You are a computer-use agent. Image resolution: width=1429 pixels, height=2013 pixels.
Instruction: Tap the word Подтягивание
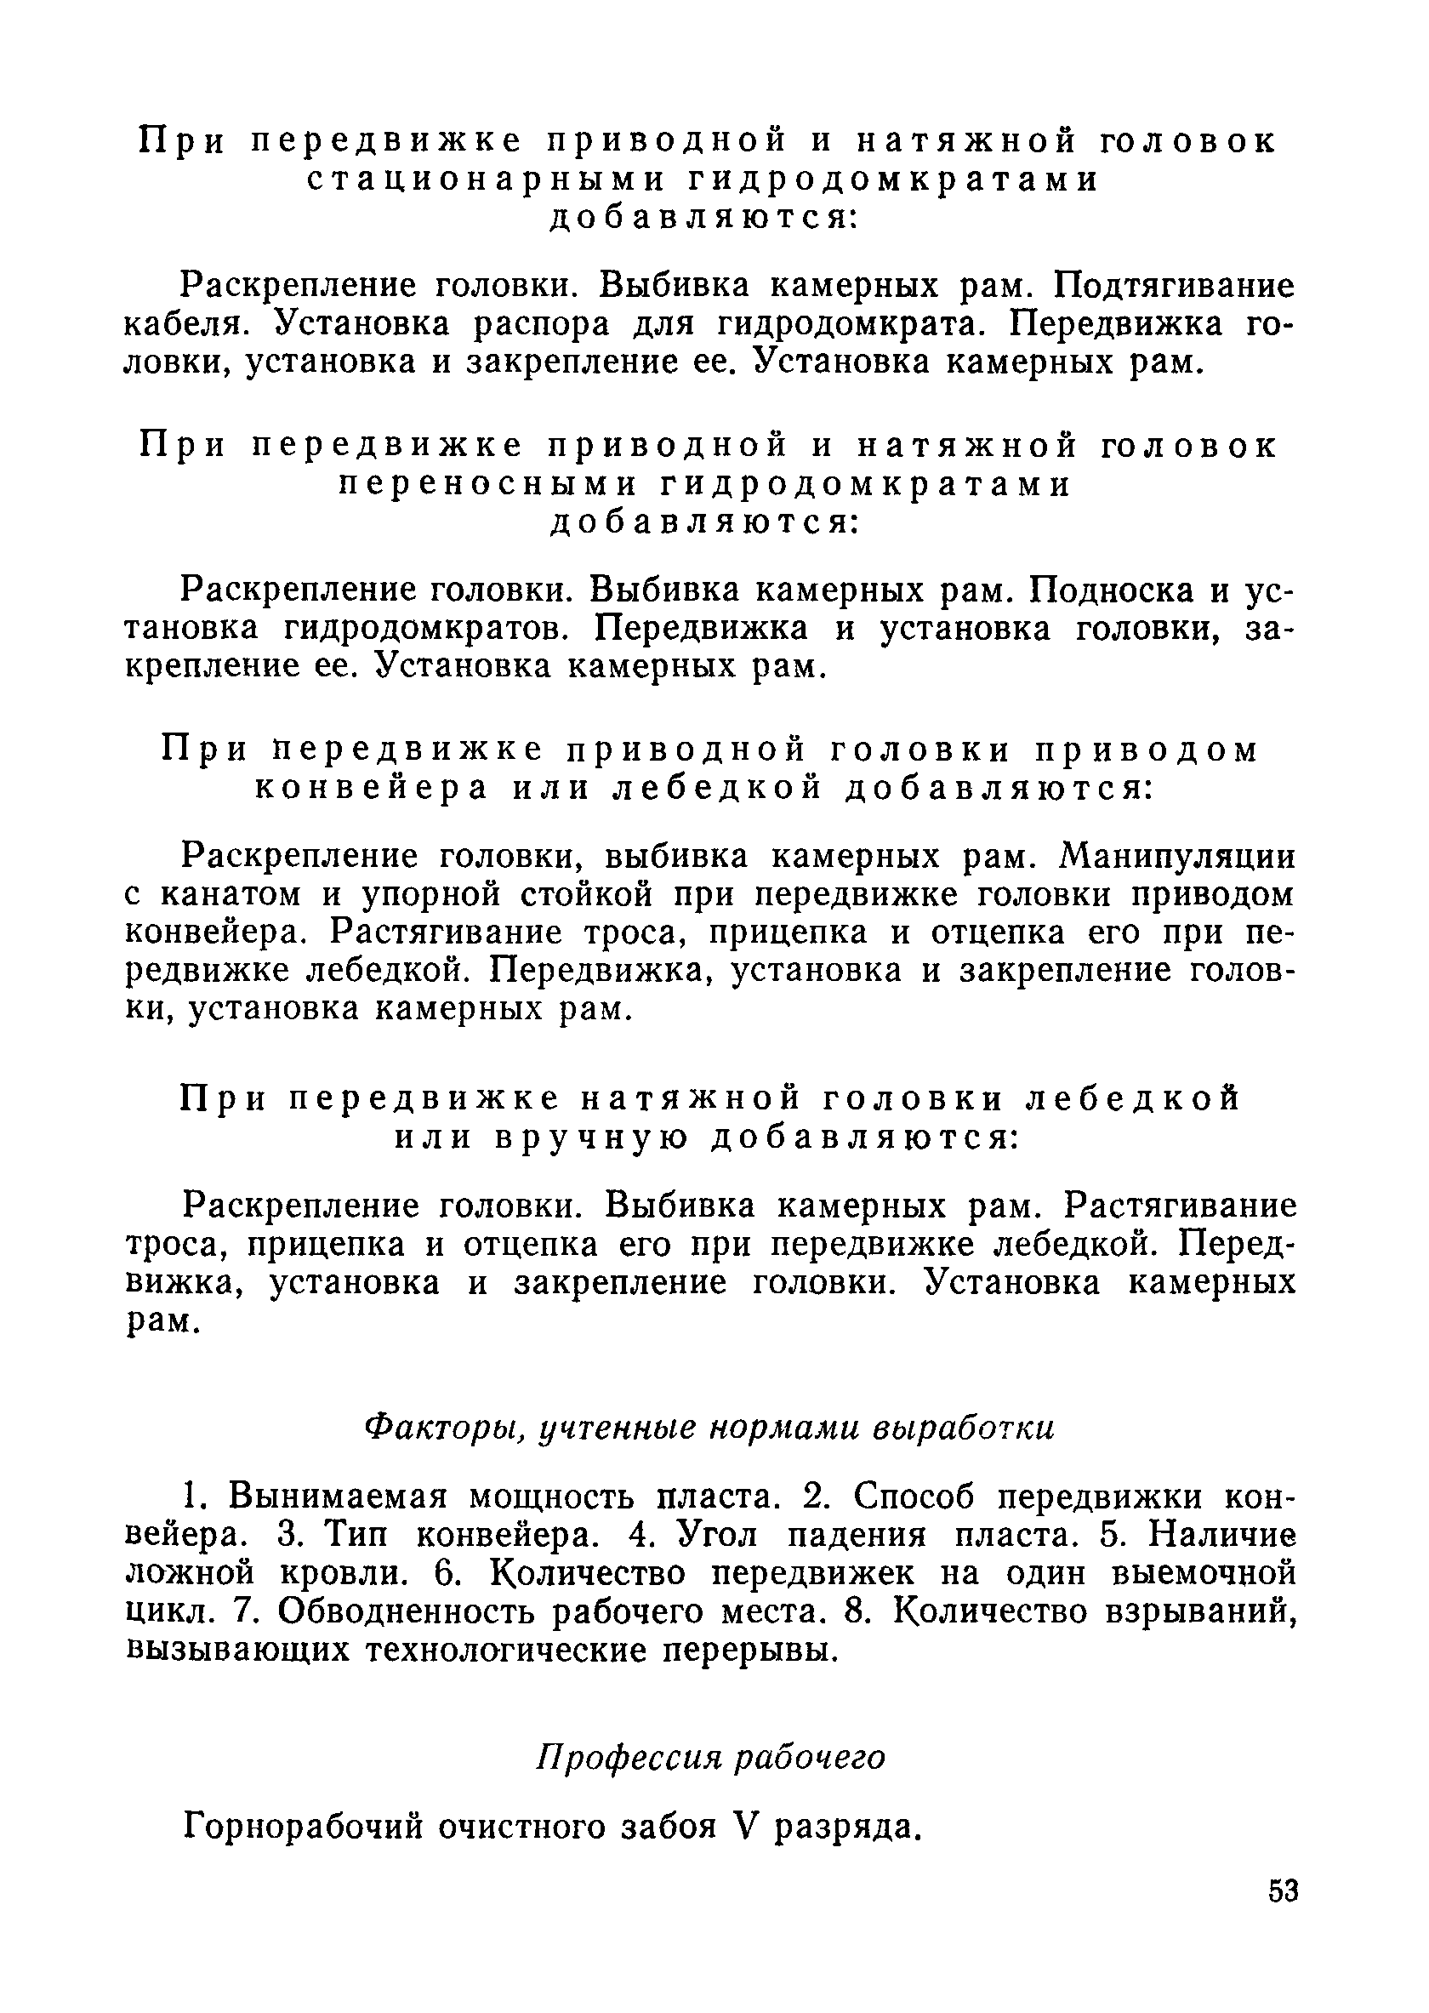[1175, 286]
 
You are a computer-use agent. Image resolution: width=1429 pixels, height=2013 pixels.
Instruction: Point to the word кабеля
[188, 325]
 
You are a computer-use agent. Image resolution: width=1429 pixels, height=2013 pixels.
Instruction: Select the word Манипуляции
[1178, 857]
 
